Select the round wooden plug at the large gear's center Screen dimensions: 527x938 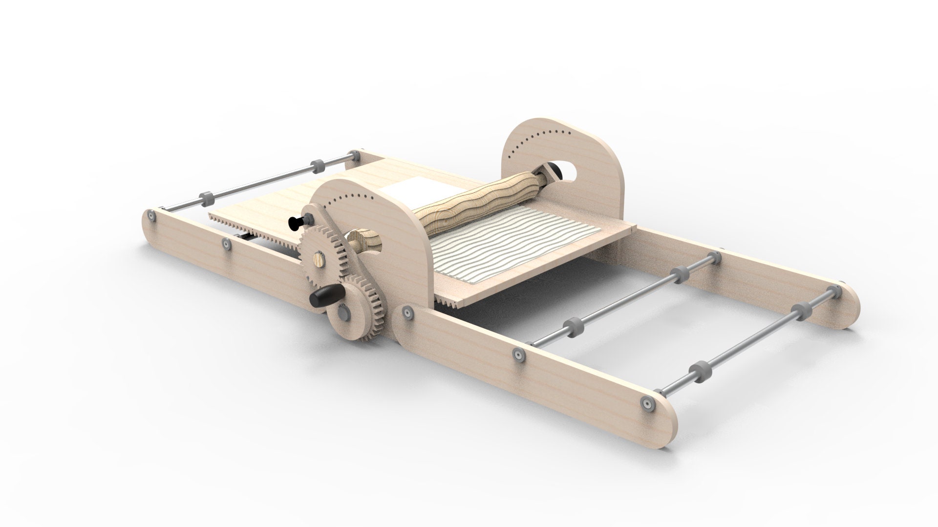coord(318,257)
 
